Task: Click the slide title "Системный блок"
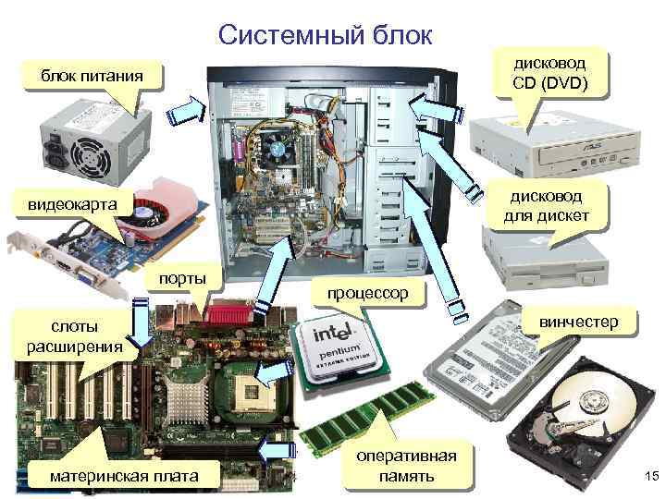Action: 326,35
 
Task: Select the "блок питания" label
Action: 92,74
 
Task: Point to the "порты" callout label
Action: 182,279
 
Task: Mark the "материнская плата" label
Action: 126,475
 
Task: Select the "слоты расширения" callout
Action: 75,336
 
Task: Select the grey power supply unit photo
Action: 85,135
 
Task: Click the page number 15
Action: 647,476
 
